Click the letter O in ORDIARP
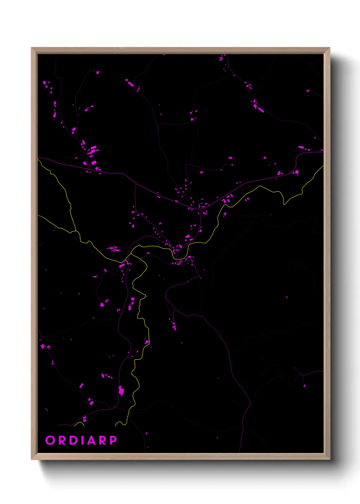pyautogui.click(x=50, y=440)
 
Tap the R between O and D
pyautogui.click(x=62, y=440)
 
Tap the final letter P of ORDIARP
pyautogui.click(x=113, y=440)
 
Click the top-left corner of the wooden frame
pyautogui.click(x=32, y=48)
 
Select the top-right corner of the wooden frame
pyautogui.click(x=329, y=48)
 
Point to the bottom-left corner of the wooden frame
pyautogui.click(x=32, y=459)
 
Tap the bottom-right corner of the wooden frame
pyautogui.click(x=329, y=459)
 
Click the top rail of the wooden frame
pyautogui.click(x=180, y=51)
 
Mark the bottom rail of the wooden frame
pyautogui.click(x=180, y=456)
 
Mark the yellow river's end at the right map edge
pyautogui.click(x=323, y=166)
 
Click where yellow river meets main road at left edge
pyautogui.click(x=38, y=159)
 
